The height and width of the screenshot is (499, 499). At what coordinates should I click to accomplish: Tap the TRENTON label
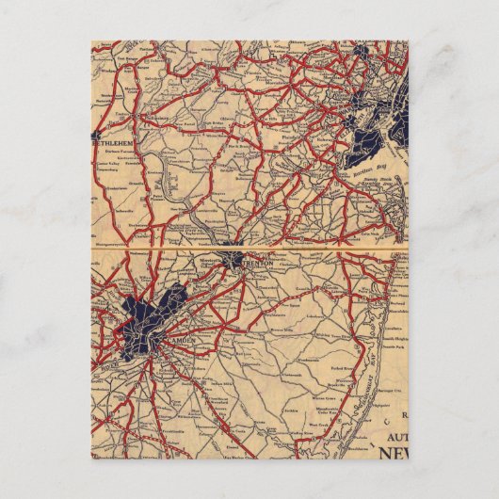click(x=256, y=265)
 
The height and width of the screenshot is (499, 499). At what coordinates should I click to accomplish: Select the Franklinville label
click(x=141, y=425)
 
